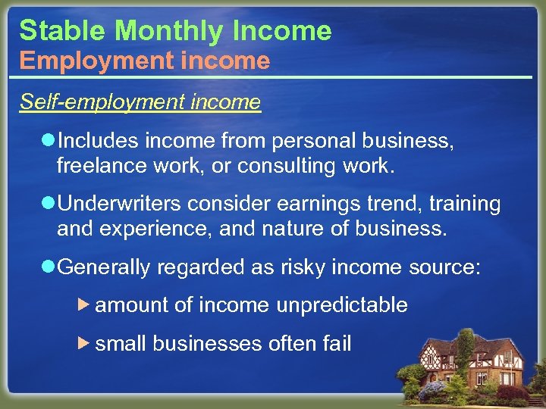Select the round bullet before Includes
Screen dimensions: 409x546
tap(48, 139)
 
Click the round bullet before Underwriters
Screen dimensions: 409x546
tap(48, 204)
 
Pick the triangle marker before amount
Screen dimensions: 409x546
tap(85, 304)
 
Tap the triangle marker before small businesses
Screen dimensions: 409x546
tap(85, 343)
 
